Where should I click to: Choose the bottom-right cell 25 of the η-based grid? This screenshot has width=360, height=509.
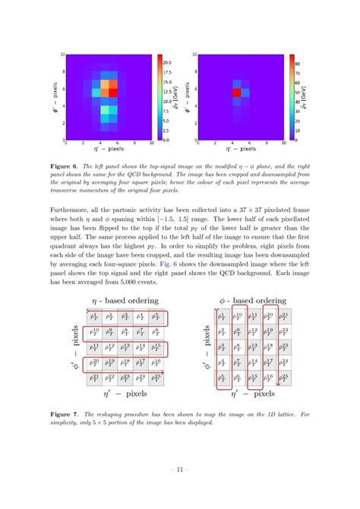tap(156, 378)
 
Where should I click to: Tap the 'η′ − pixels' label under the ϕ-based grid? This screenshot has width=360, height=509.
tap(253, 394)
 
